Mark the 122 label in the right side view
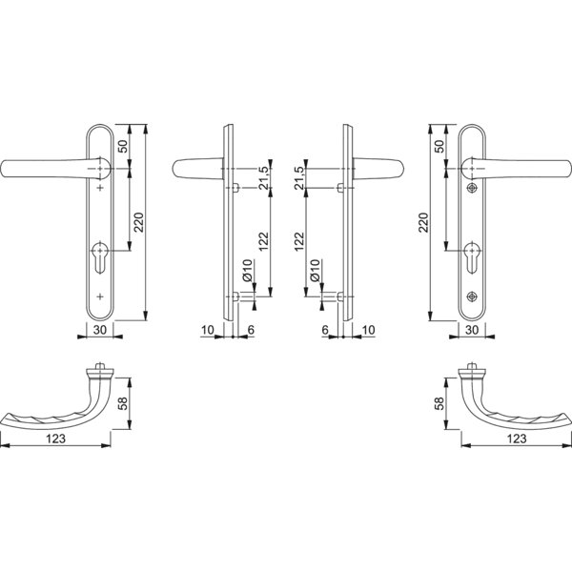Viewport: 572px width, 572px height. [x=299, y=241]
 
